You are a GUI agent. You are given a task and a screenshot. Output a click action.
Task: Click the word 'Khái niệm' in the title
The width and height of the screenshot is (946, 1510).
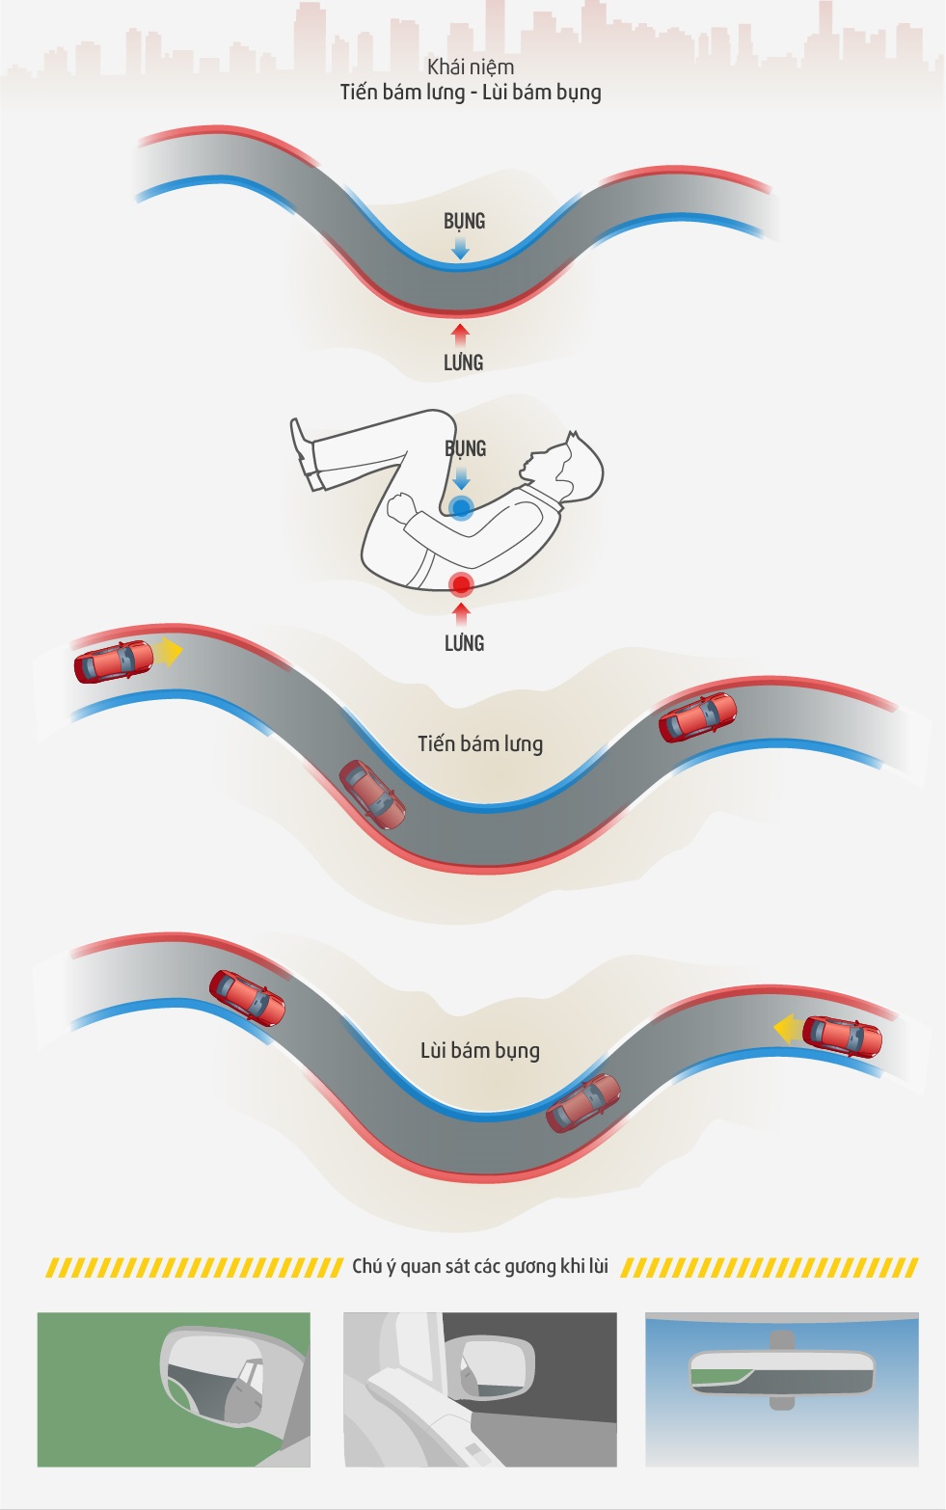pos(471,67)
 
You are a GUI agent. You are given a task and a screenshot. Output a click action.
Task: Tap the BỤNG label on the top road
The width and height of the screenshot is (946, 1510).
pos(464,221)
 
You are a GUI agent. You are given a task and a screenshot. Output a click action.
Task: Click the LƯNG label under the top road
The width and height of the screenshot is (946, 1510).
pos(463,363)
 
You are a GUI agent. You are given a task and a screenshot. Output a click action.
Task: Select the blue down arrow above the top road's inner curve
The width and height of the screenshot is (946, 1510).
pos(461,248)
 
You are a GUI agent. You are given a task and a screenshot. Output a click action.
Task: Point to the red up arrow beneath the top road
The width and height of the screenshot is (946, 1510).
pos(461,336)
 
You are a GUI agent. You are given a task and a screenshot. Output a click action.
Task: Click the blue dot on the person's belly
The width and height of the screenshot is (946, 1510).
pos(461,507)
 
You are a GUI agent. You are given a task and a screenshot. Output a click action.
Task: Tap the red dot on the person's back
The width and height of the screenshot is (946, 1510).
pos(461,583)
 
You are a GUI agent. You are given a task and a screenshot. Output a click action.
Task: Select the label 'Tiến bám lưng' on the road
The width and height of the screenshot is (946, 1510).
pos(480,743)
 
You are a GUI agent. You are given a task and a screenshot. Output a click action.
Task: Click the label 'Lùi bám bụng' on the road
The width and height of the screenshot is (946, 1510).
pos(480,1050)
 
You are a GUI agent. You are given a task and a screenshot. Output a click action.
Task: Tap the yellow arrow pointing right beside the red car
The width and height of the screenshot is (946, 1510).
pos(170,652)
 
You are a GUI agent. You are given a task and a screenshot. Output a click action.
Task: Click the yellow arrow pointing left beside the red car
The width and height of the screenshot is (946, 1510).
pos(787,1029)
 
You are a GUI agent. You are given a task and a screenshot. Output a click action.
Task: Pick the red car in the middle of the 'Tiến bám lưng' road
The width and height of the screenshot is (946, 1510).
pos(372,795)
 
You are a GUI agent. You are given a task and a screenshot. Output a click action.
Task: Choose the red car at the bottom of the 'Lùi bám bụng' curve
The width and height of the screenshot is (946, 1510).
pos(583,1103)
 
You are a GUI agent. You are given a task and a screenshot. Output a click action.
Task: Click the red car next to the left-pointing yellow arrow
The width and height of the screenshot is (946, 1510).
pos(842,1036)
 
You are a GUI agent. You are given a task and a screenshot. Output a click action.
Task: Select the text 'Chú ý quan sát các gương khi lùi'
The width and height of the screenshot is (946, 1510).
pos(480,1266)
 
